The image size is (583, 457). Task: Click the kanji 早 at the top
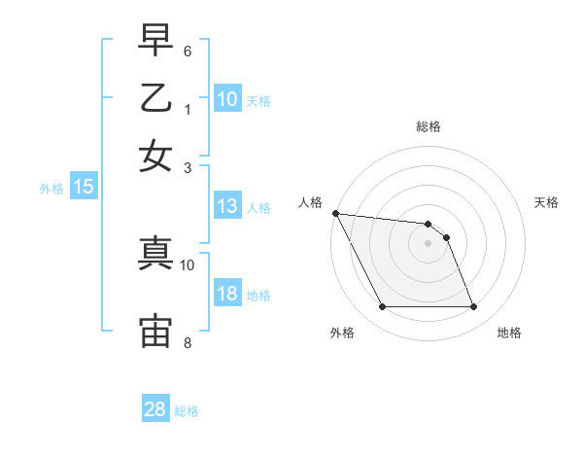pos(155,41)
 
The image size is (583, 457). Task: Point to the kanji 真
pos(155,254)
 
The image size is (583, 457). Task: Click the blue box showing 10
pos(227,99)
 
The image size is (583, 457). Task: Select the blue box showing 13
pos(227,206)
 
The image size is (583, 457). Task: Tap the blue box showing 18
pos(227,295)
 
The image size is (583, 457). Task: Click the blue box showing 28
pos(155,409)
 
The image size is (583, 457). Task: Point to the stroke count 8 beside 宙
pos(188,342)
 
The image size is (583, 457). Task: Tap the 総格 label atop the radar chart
pos(429,126)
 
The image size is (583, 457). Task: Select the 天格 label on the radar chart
pos(547,202)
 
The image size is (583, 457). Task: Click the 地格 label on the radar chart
pos(509,333)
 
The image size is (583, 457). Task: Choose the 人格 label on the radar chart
pos(310,202)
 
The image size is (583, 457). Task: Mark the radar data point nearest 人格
pos(335,213)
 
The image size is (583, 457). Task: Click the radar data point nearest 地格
pos(474,307)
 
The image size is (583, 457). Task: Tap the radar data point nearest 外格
pos(382,307)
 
